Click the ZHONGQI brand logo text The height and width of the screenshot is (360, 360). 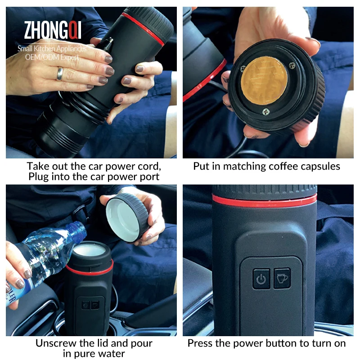(53, 30)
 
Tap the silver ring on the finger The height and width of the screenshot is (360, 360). (59, 73)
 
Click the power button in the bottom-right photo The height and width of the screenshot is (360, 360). (261, 279)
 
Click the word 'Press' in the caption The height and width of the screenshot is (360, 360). (200, 343)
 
